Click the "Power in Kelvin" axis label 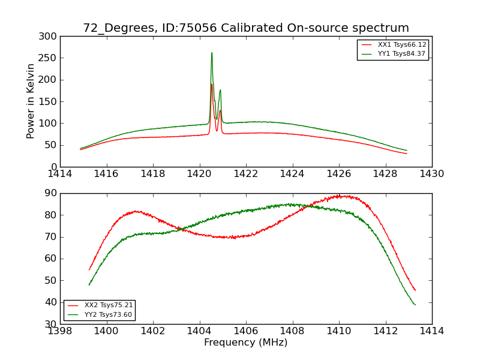tap(31, 101)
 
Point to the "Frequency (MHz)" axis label tap(245, 343)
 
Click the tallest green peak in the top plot tap(212, 53)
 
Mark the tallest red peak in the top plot tap(212, 84)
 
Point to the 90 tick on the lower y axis tap(50, 193)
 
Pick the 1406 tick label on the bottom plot tap(246, 331)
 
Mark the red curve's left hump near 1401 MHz tap(136, 211)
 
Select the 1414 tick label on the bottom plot tap(431, 331)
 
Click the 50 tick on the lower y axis tap(50, 280)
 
